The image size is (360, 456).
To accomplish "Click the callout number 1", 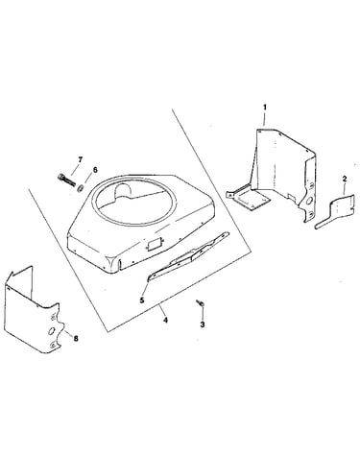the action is tap(265, 107).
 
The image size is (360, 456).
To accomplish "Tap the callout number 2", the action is tap(345, 179).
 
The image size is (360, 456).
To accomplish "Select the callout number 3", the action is tap(203, 324).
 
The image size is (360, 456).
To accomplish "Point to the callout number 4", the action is tap(165, 320).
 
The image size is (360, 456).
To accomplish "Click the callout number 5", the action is tap(142, 300).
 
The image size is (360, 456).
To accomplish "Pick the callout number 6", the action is tap(95, 170).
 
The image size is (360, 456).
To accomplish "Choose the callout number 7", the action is tap(80, 159).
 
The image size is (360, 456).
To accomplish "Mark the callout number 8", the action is tap(76, 338).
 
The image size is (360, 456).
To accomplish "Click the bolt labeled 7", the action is tap(66, 180).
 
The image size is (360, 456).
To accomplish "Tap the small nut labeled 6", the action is tap(80, 187).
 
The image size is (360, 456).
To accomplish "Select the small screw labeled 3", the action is tap(200, 303).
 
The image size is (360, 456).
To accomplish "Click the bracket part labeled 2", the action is tap(335, 211).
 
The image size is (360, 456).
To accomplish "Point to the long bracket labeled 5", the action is tap(188, 255).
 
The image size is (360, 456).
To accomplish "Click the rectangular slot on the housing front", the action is tap(153, 245).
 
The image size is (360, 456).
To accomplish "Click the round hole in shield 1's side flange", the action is tap(310, 201).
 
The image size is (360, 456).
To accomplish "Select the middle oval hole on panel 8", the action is tap(51, 331).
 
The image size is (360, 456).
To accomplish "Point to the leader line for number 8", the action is tap(68, 332).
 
